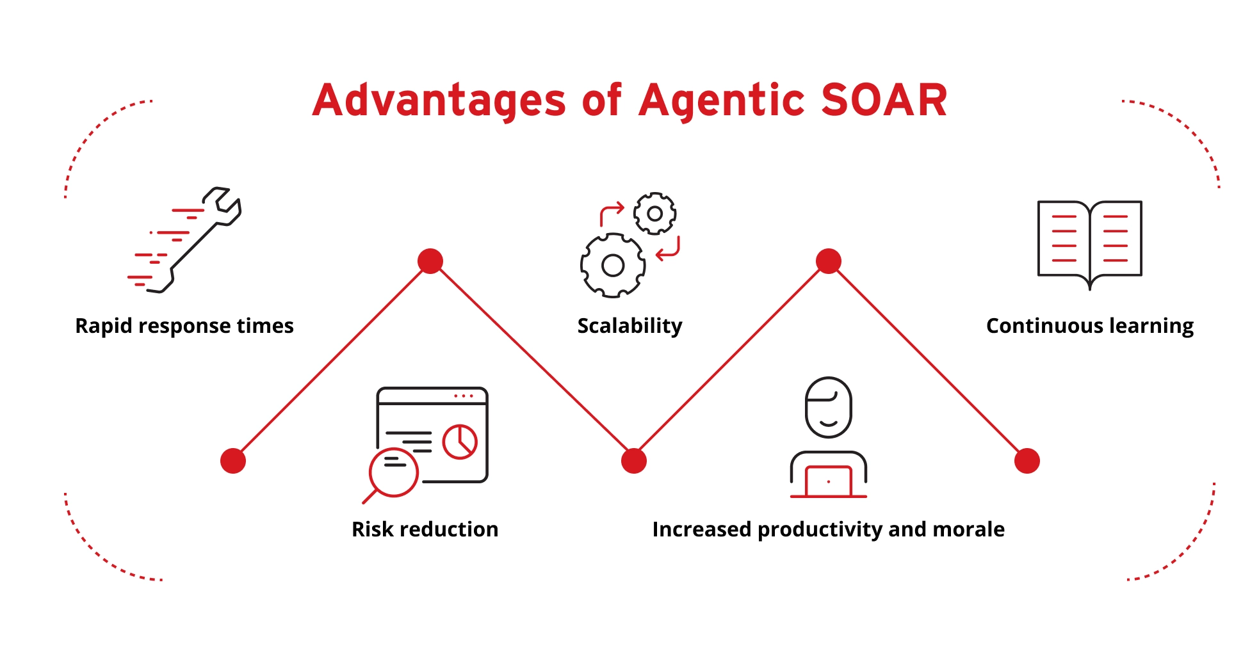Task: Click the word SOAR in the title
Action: (884, 100)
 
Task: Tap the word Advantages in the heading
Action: (439, 100)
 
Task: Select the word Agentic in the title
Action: (722, 101)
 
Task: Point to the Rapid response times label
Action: (184, 326)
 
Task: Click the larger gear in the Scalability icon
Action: (613, 265)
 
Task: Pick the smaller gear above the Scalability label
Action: (654, 213)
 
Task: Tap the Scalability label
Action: (629, 326)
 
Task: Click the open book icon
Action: (1089, 244)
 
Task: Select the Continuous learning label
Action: (1090, 326)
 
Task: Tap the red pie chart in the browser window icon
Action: (460, 442)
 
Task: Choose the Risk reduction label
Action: (425, 529)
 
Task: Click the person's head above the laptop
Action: (828, 407)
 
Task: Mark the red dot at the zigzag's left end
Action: (233, 461)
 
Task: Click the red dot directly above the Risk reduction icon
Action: (430, 261)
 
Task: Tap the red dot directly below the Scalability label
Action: (634, 461)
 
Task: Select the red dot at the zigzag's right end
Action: (1027, 461)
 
